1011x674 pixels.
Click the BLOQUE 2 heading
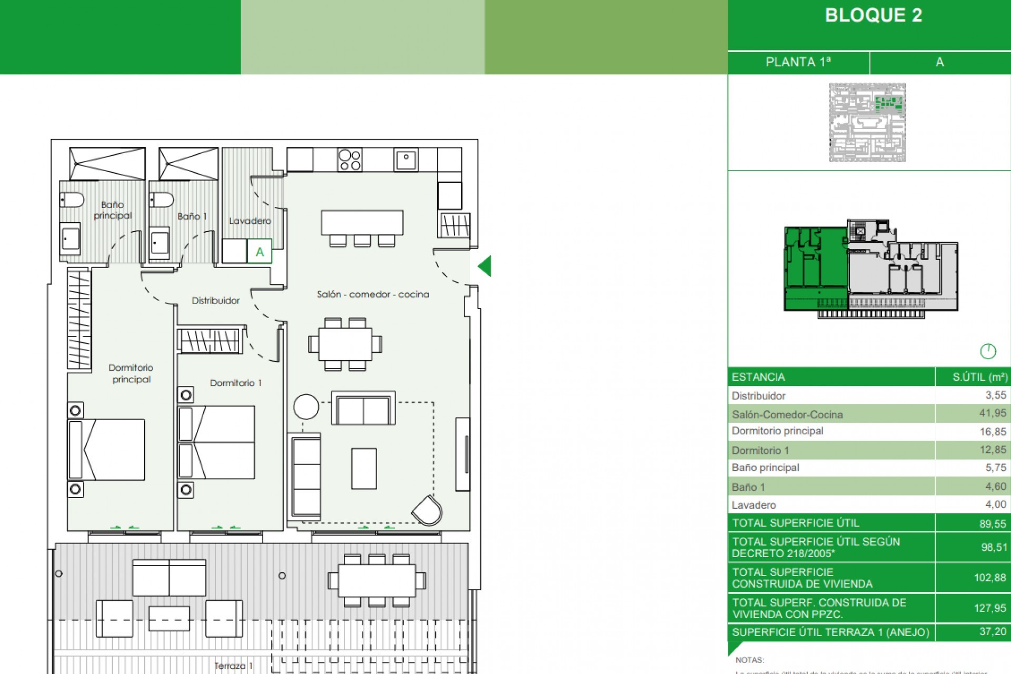[873, 15]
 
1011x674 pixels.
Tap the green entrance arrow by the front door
[485, 266]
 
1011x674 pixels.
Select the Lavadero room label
[250, 221]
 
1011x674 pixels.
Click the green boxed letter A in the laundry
[260, 252]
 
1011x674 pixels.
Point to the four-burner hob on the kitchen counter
[350, 160]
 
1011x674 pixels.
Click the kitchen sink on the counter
[406, 160]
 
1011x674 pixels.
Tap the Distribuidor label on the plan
[215, 301]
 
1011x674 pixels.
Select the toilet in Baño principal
[72, 200]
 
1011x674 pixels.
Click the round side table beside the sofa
[306, 407]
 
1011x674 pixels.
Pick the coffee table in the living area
[364, 469]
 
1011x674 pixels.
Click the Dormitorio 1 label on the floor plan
[235, 383]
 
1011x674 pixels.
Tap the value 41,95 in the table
[992, 413]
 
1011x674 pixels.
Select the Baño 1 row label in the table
[748, 487]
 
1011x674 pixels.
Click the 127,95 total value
[989, 608]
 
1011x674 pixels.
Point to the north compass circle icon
[988, 351]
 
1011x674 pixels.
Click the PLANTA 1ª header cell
[798, 62]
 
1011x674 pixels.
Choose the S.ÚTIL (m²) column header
[979, 377]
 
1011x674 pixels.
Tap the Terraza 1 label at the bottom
[233, 666]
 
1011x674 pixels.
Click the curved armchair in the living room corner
[428, 510]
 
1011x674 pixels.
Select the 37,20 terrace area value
[992, 631]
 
